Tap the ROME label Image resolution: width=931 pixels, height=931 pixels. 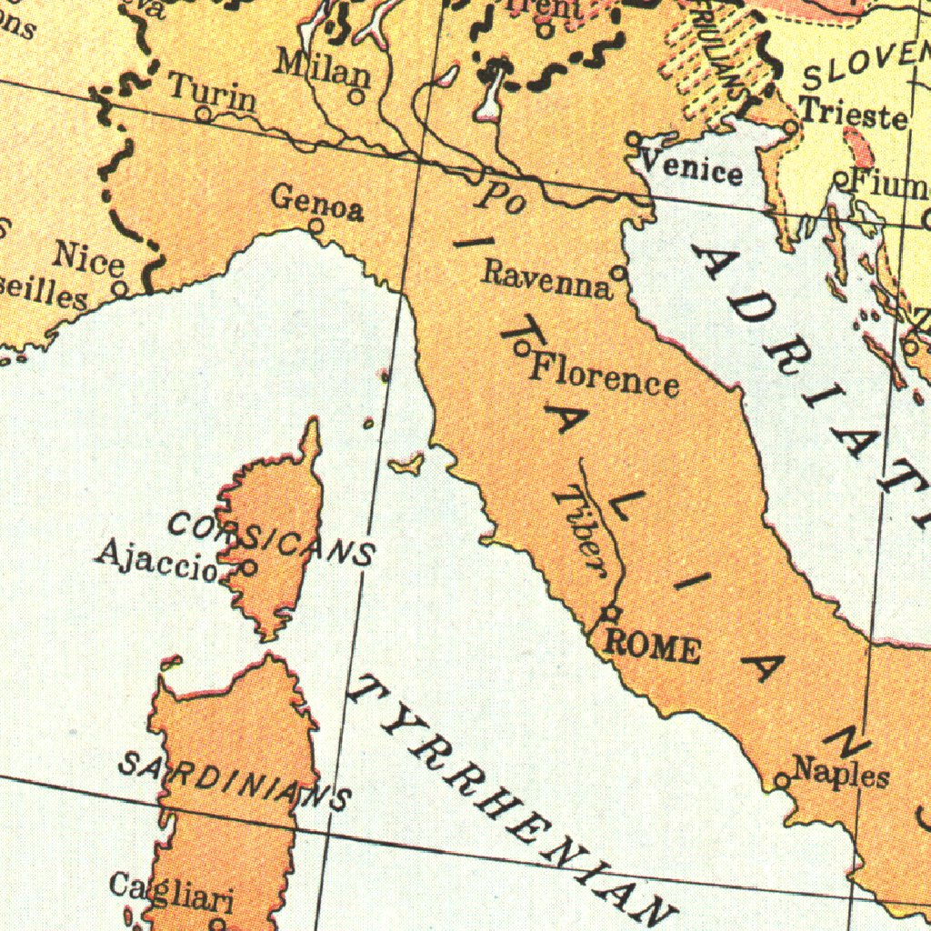pos(653,647)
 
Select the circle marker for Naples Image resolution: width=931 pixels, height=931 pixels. pos(782,780)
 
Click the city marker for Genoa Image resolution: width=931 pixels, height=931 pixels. pos(316,225)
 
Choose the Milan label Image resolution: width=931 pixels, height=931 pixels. pos(323,68)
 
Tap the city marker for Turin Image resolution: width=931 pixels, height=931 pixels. pos(204,115)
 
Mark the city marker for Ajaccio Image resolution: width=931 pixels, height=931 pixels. pos(248,567)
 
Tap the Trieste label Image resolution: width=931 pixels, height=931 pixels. pos(855,115)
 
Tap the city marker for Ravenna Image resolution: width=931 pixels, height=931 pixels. pos(618,272)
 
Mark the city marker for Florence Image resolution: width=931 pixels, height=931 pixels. pos(522,346)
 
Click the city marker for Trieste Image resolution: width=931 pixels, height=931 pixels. pos(791,127)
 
